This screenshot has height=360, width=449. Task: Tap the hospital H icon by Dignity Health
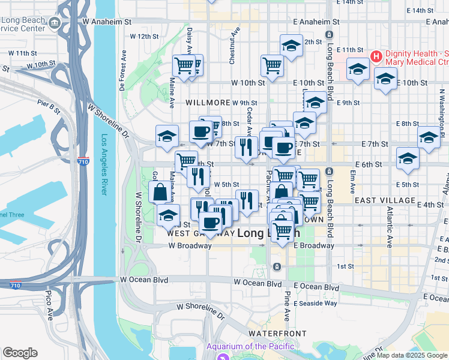[376, 57]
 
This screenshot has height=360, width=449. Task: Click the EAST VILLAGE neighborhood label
[385, 200]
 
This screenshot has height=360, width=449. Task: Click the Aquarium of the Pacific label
[250, 346]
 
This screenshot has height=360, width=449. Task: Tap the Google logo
[20, 353]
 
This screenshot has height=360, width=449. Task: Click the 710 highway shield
[84, 161]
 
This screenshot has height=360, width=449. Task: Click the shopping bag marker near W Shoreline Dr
[160, 193]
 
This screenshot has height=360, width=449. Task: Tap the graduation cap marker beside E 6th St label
[408, 158]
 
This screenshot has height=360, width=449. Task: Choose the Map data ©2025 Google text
[411, 355]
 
